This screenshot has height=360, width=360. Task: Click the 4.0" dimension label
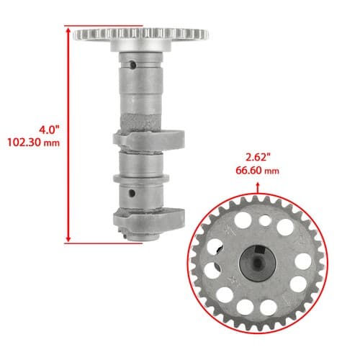(x=49, y=130)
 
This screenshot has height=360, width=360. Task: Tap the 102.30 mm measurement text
(x=33, y=143)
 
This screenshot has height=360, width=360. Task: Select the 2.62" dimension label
(x=258, y=158)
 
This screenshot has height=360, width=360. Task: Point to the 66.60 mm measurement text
(x=257, y=171)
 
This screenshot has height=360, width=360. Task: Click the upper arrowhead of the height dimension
(x=68, y=30)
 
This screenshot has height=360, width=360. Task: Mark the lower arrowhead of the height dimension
(x=68, y=238)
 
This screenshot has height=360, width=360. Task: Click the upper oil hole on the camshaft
(x=132, y=65)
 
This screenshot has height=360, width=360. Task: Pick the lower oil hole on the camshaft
(x=132, y=193)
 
